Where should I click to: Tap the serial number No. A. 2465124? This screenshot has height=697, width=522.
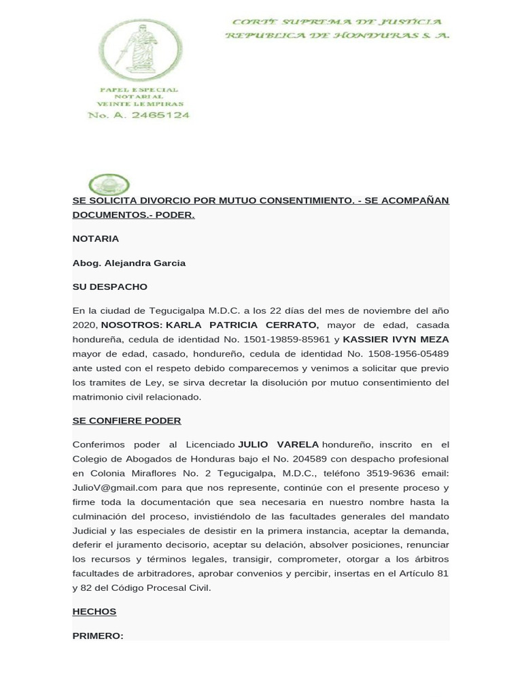(139, 116)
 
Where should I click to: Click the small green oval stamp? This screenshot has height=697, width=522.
(109, 184)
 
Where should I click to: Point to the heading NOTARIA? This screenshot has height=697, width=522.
(96, 239)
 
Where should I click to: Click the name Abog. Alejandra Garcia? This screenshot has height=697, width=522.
(129, 263)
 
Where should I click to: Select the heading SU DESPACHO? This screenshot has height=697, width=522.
(110, 287)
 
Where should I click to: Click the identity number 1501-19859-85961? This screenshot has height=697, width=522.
(288, 340)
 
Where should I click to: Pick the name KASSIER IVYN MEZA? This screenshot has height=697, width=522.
(396, 340)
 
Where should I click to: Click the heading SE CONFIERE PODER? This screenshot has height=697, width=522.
(127, 421)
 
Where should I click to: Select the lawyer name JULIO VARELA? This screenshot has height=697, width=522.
(278, 444)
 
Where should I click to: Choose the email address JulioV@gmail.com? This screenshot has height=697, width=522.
(115, 487)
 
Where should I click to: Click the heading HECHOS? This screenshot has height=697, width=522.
(94, 611)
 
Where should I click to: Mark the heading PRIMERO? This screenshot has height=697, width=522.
(98, 636)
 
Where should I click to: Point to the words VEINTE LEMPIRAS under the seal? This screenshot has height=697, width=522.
(139, 103)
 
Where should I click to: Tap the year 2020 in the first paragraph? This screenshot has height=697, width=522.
(84, 325)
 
